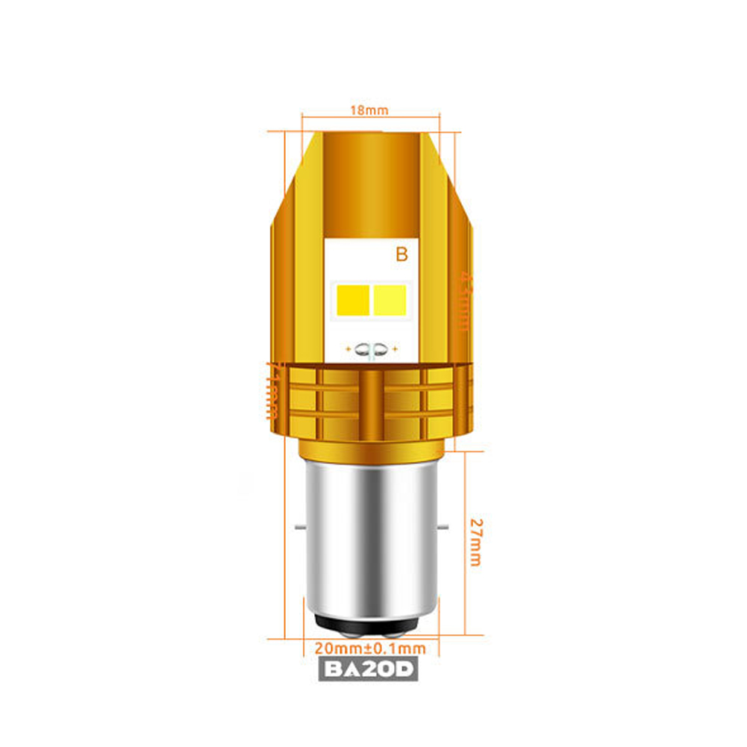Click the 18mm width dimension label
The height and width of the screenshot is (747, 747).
tap(370, 110)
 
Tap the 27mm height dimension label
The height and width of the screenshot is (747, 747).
tap(475, 540)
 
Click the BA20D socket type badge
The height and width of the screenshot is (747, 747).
tap(369, 669)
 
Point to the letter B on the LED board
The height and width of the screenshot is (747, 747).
tap(401, 255)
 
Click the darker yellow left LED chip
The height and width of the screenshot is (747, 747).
tap(354, 299)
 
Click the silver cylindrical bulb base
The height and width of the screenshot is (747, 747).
tap(370, 537)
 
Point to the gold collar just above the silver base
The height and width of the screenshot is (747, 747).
tap(370, 448)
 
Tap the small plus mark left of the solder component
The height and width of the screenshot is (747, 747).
tap(349, 348)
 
